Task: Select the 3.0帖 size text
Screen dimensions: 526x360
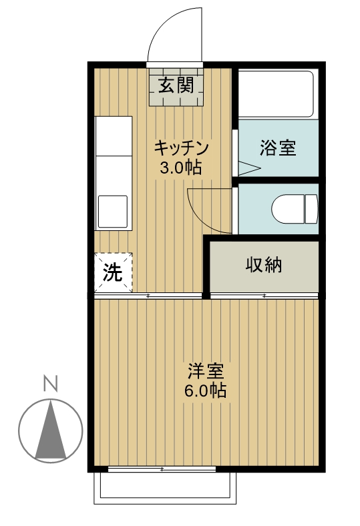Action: (x=180, y=168)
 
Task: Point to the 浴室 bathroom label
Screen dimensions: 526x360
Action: (x=277, y=148)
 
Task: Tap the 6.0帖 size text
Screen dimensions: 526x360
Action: (x=205, y=390)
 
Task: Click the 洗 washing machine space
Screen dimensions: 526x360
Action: (x=113, y=272)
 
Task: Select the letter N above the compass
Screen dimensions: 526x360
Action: (x=49, y=384)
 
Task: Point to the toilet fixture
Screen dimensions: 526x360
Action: (x=294, y=209)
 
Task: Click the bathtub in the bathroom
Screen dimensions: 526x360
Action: (x=276, y=94)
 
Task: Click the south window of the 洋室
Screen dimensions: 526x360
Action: (x=162, y=469)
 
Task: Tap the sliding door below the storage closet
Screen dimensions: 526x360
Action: (x=264, y=295)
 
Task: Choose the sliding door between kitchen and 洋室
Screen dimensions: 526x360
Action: (x=148, y=295)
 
